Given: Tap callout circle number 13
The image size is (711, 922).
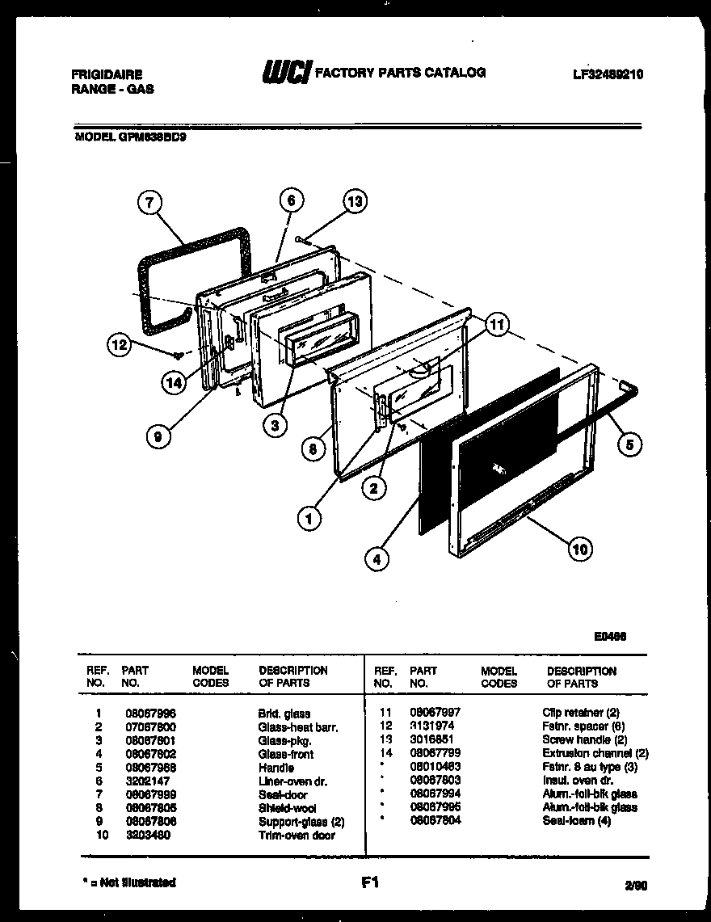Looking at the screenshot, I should tap(354, 202).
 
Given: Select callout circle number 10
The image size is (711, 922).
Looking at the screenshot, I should tap(578, 549).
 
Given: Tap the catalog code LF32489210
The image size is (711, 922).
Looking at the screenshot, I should tap(607, 74).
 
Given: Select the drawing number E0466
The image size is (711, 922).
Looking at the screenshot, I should tap(610, 636).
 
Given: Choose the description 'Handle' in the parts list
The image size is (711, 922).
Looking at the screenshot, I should tap(276, 768).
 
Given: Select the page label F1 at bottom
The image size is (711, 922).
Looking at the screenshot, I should tap(370, 883).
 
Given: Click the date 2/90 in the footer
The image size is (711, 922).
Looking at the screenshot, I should tap(635, 886).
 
